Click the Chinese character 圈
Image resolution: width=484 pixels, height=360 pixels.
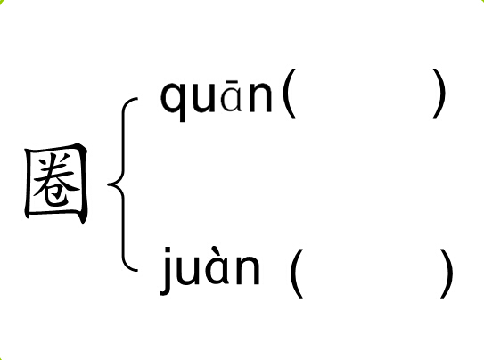click(56, 184)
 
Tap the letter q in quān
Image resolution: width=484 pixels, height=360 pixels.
click(174, 102)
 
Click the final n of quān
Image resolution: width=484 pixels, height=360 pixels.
click(260, 97)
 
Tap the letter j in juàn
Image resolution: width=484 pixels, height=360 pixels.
click(166, 271)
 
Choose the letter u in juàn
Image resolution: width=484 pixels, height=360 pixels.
click(188, 270)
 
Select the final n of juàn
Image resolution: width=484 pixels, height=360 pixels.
click(248, 270)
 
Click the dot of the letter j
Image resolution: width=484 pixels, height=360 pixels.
click(168, 250)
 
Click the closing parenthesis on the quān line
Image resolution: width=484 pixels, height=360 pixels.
click(439, 94)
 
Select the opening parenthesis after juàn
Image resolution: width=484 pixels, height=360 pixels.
click(296, 274)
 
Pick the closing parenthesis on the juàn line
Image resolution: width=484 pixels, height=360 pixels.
click(447, 274)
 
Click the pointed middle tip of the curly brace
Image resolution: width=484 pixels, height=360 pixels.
click(108, 184)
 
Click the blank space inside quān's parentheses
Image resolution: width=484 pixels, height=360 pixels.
click(365, 94)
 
